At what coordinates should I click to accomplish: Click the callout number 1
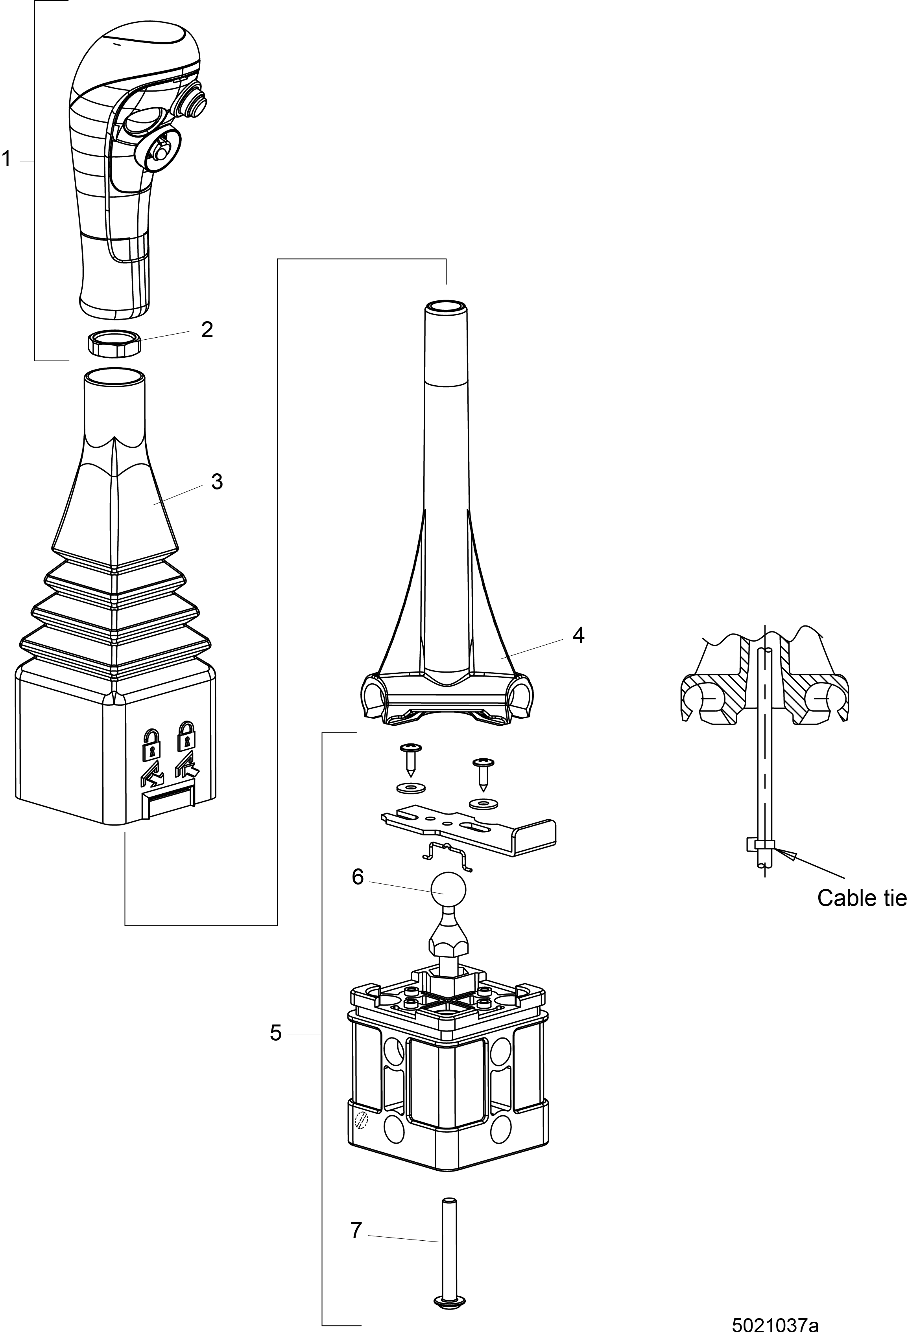pos(7,158)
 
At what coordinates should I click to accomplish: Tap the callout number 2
pos(207,330)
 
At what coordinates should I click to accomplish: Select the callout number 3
pos(217,482)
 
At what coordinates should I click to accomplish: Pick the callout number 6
pos(358,877)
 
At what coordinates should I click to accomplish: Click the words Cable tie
pos(861,898)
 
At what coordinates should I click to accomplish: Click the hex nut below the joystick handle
pos(114,344)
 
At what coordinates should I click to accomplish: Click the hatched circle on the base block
pos(362,1120)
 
